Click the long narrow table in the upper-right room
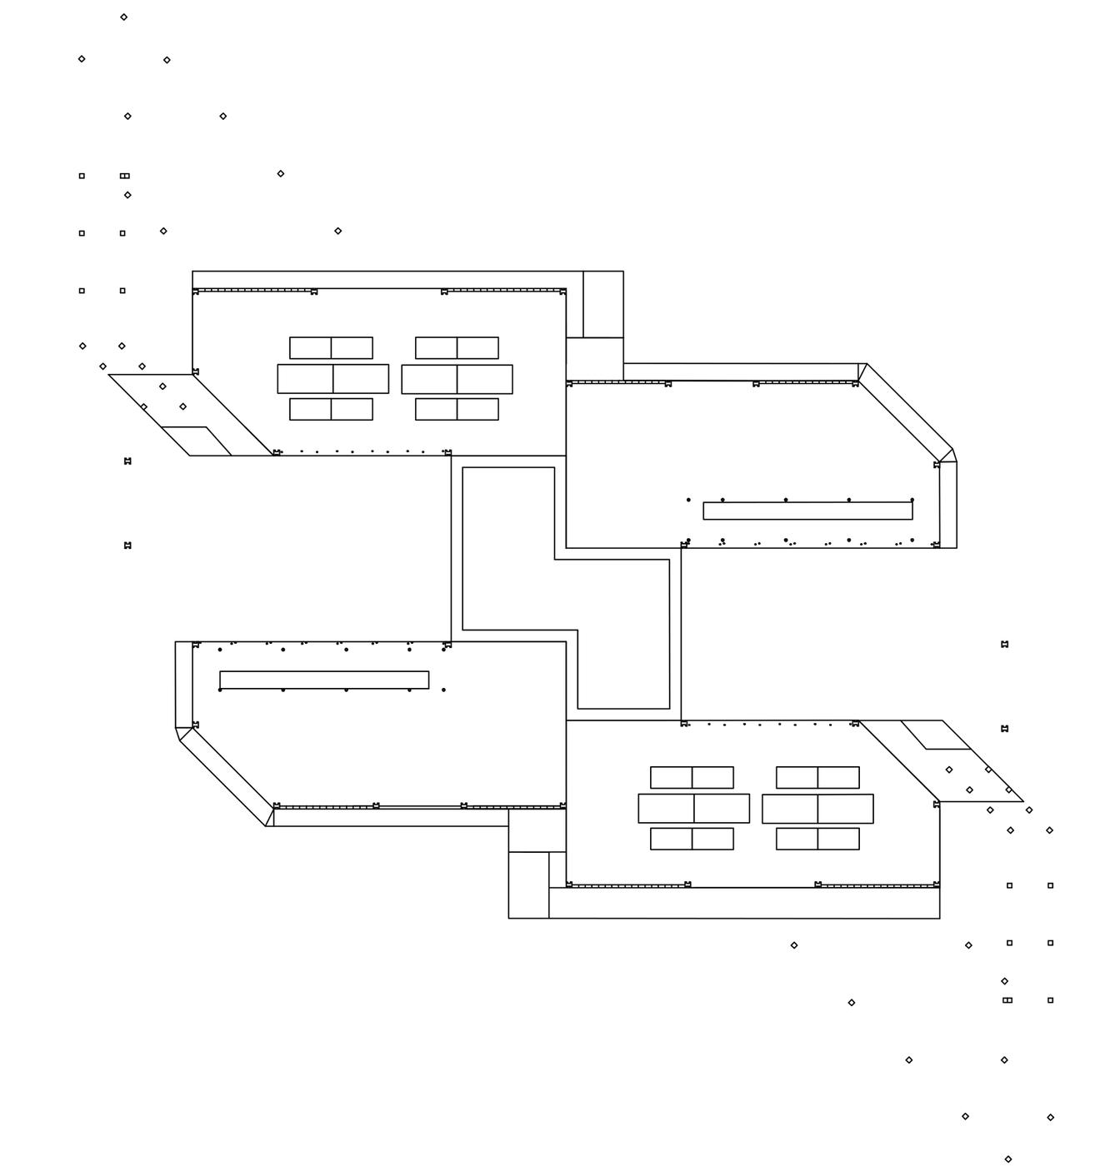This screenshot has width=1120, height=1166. [x=807, y=511]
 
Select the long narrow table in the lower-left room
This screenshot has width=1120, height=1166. [x=324, y=680]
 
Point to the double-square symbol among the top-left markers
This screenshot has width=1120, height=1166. [x=125, y=176]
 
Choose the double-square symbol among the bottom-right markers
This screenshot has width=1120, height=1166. [x=1007, y=999]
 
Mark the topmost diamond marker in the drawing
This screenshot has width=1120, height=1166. [x=123, y=17]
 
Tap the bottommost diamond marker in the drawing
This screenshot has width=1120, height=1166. [x=1008, y=1159]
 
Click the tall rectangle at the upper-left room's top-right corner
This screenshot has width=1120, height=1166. [x=602, y=304]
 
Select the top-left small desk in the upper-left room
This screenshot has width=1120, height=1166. [x=310, y=347]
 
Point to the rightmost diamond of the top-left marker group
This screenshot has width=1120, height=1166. [x=337, y=231]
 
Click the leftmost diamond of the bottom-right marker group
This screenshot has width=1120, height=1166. [x=794, y=945]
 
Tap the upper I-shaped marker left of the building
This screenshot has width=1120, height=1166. [x=127, y=461]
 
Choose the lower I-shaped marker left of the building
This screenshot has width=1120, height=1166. [x=127, y=546]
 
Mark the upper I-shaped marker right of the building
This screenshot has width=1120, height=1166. [x=1004, y=644]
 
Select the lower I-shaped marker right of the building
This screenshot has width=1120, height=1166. [x=1004, y=729]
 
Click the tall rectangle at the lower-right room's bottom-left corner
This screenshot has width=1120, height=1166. [x=528, y=884]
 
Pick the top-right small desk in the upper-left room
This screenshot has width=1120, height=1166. [x=477, y=347]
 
